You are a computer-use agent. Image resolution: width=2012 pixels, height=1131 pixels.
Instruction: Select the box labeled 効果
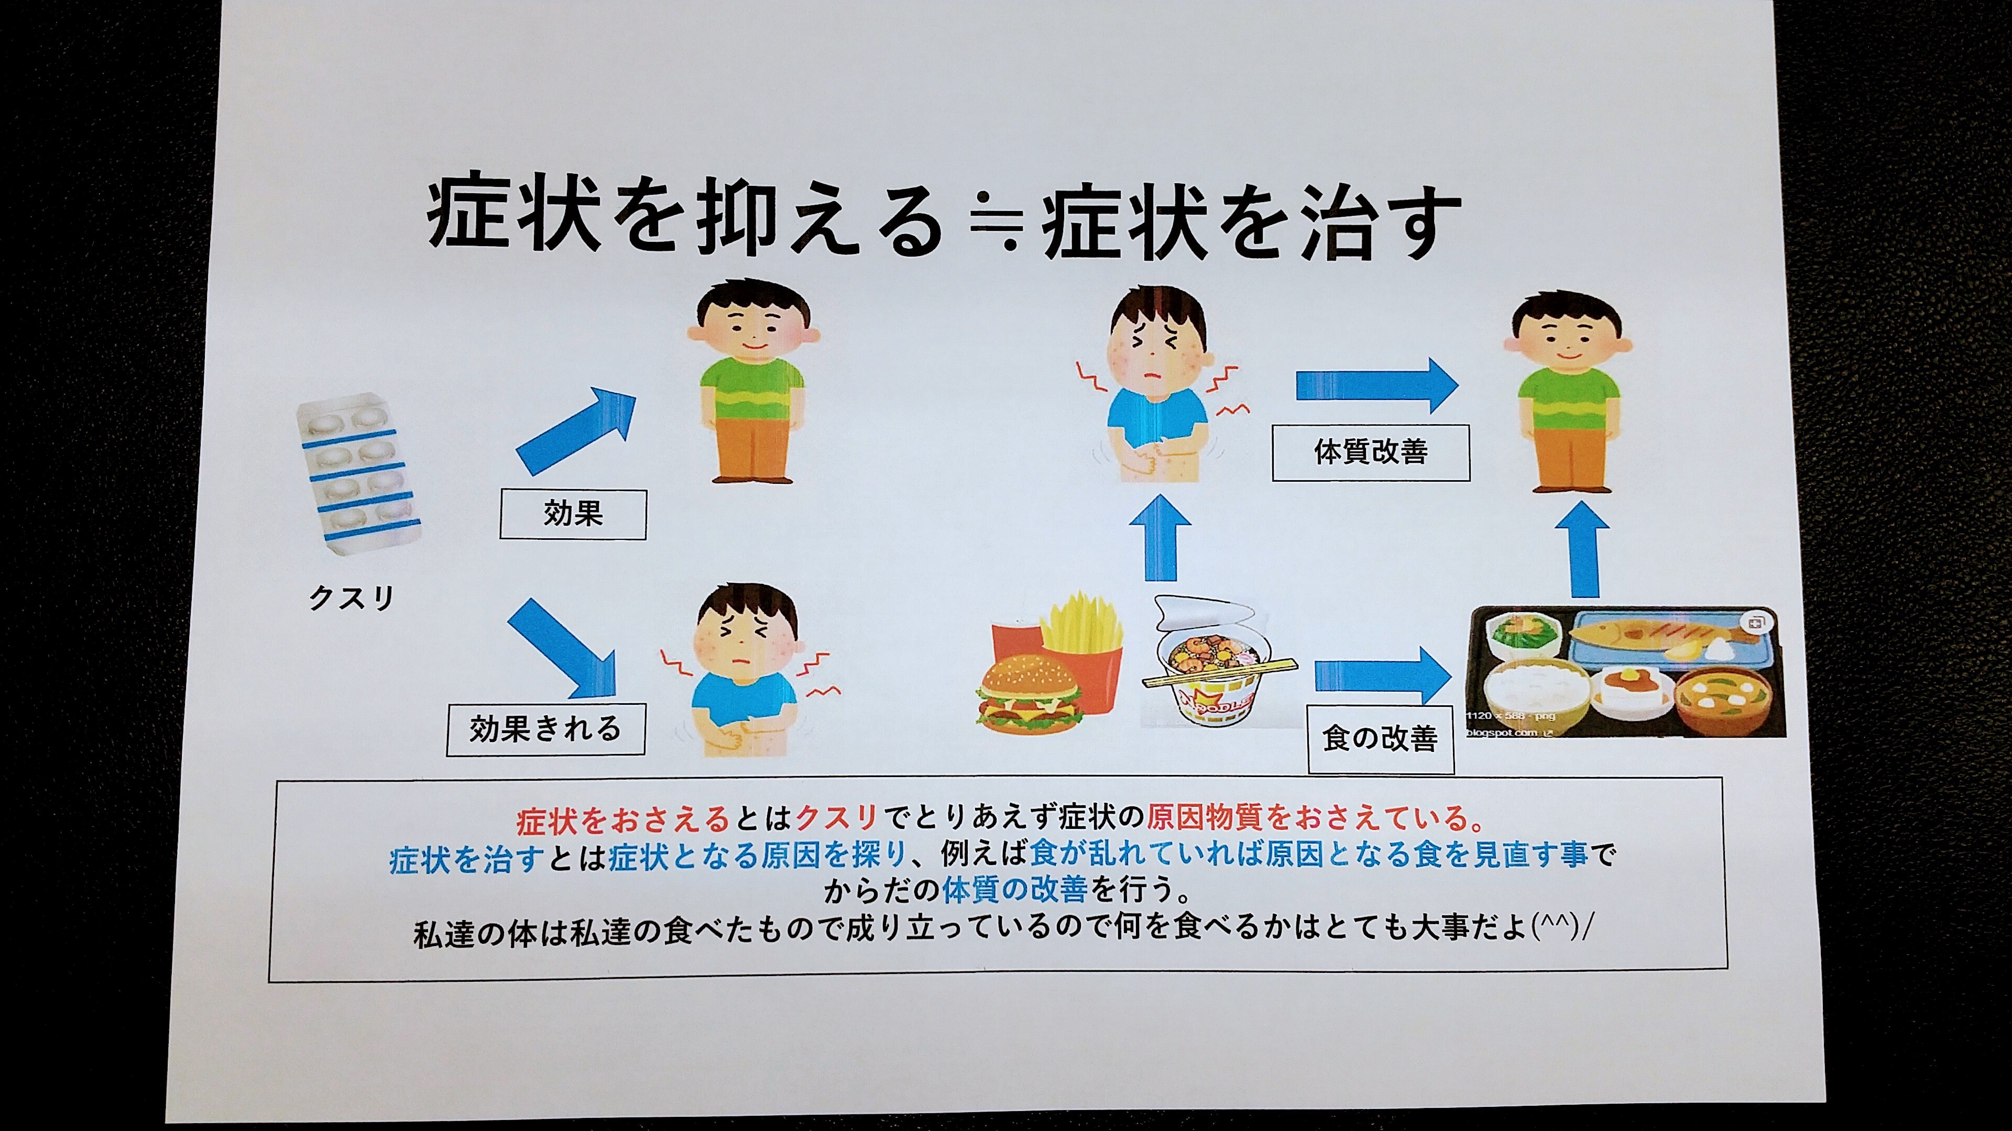[573, 514]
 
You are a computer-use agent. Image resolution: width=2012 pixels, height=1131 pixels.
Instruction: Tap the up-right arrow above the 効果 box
[576, 431]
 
